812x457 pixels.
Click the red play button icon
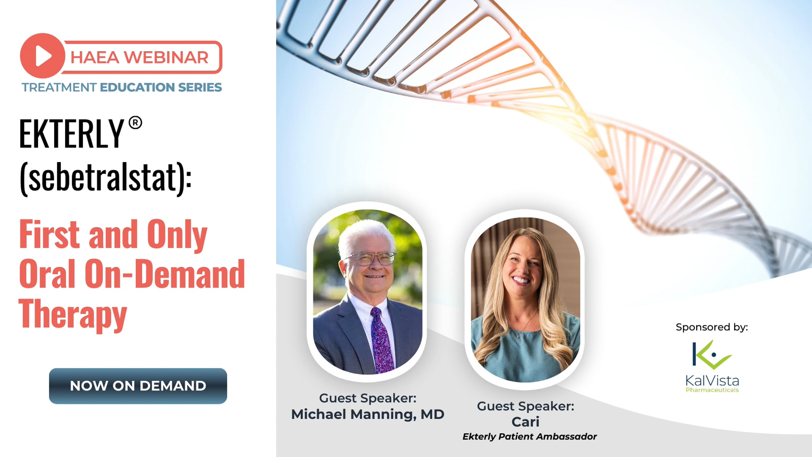43,56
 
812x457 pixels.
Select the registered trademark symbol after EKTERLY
135,123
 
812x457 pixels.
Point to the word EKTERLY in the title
71,134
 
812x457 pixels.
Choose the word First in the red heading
50,234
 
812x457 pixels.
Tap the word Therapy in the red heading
73,314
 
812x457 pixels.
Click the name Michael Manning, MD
368,414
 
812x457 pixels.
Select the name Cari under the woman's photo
525,422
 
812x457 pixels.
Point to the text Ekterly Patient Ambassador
529,437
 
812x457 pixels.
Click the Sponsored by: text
712,327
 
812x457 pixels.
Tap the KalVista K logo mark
712,355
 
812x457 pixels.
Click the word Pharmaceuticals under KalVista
712,390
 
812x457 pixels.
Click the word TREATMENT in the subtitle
59,87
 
